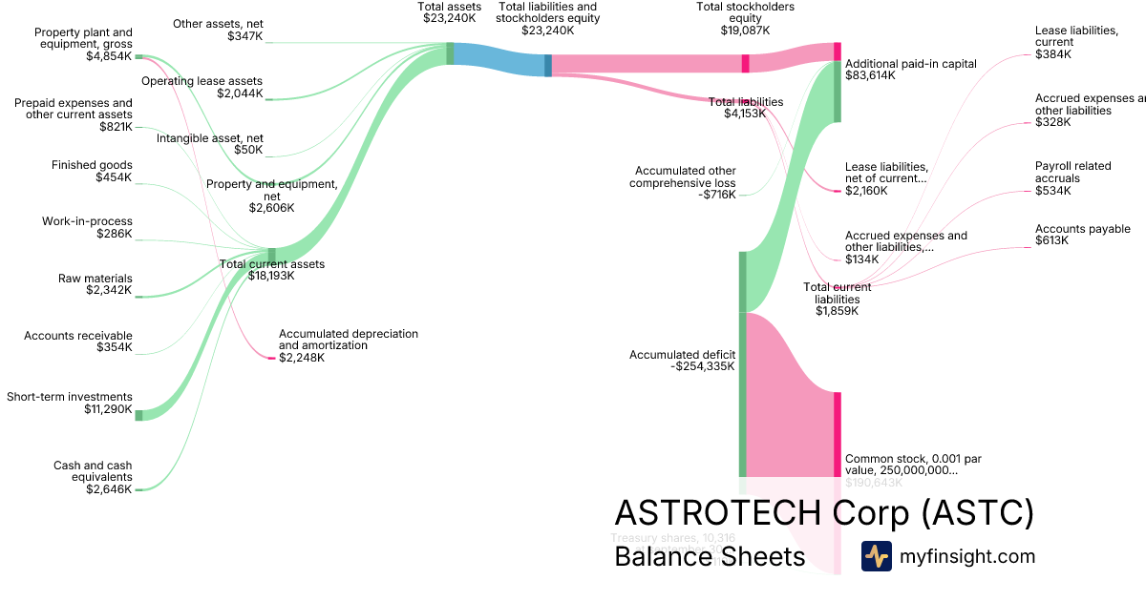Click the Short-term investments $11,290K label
tap(70, 403)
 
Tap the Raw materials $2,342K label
tap(95, 284)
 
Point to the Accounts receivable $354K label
tap(78, 342)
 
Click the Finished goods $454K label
tap(92, 171)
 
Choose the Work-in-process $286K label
tap(87, 227)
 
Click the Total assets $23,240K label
tap(448, 11)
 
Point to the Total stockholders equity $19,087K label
tap(746, 18)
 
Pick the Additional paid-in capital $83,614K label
tap(911, 69)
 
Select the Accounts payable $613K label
tap(1082, 235)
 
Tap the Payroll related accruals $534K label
tap(1072, 178)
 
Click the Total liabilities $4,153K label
tap(746, 108)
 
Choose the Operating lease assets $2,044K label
tap(202, 87)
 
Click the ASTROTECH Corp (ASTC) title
tap(824, 513)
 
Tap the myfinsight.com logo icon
tap(876, 556)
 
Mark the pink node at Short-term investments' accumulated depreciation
tap(271, 358)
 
